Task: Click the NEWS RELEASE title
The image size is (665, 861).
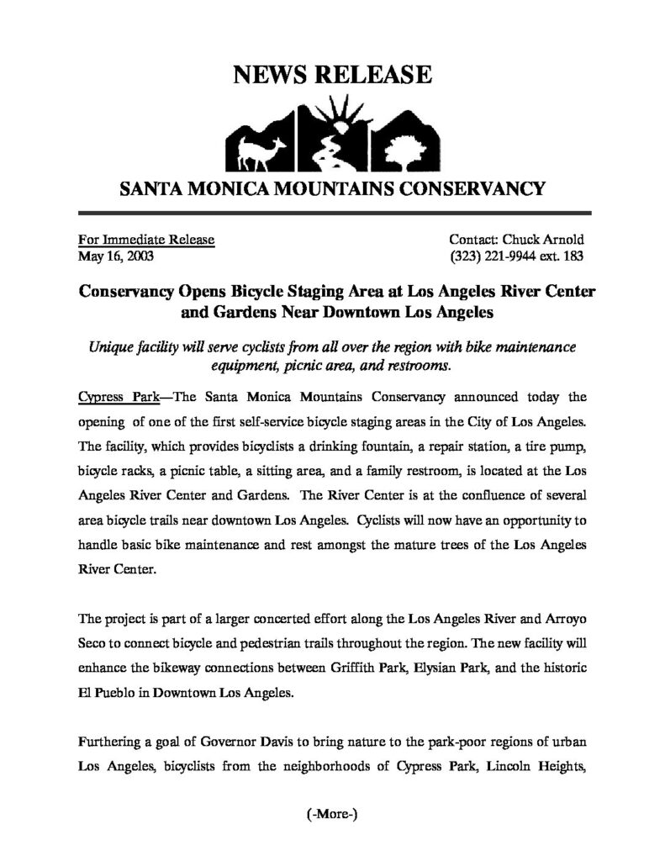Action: pyautogui.click(x=332, y=77)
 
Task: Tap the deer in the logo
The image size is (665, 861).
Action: pyautogui.click(x=251, y=151)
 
